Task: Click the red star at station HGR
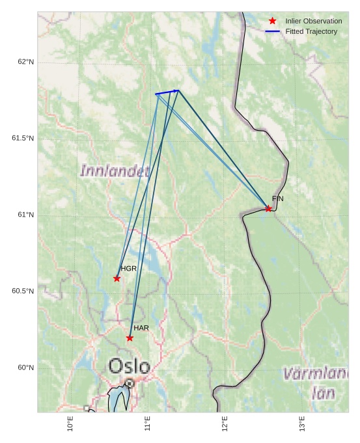click(x=117, y=278)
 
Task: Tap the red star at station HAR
click(x=130, y=338)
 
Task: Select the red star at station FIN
click(x=268, y=209)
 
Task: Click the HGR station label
click(x=128, y=269)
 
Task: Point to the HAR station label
click(x=141, y=328)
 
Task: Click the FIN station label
click(x=277, y=198)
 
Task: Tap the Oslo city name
click(x=129, y=366)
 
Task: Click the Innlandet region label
click(x=115, y=171)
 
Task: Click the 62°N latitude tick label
click(x=25, y=62)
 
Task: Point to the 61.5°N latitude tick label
click(x=23, y=139)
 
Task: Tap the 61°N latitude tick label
click(x=25, y=215)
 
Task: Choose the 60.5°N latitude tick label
click(x=23, y=291)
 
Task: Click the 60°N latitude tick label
click(x=25, y=368)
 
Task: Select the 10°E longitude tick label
click(x=70, y=423)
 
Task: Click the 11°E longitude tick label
click(x=148, y=423)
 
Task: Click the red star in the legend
click(x=272, y=21)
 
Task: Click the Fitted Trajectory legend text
click(x=311, y=31)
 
